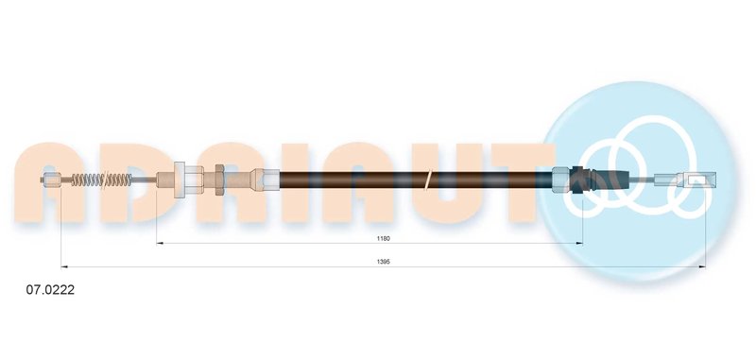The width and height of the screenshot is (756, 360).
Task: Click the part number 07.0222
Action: tap(50, 290)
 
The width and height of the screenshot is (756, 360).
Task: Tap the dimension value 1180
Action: tap(384, 238)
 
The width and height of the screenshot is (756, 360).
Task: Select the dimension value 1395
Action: tap(384, 262)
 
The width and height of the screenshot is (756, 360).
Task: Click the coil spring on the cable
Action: tap(101, 180)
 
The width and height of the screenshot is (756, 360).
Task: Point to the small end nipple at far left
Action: tap(51, 180)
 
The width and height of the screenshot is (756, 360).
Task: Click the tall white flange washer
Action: tap(179, 180)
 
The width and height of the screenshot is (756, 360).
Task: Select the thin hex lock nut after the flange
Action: tap(219, 180)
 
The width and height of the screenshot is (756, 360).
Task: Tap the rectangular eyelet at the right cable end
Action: tap(696, 180)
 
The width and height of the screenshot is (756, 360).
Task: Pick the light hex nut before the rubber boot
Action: tap(561, 180)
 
